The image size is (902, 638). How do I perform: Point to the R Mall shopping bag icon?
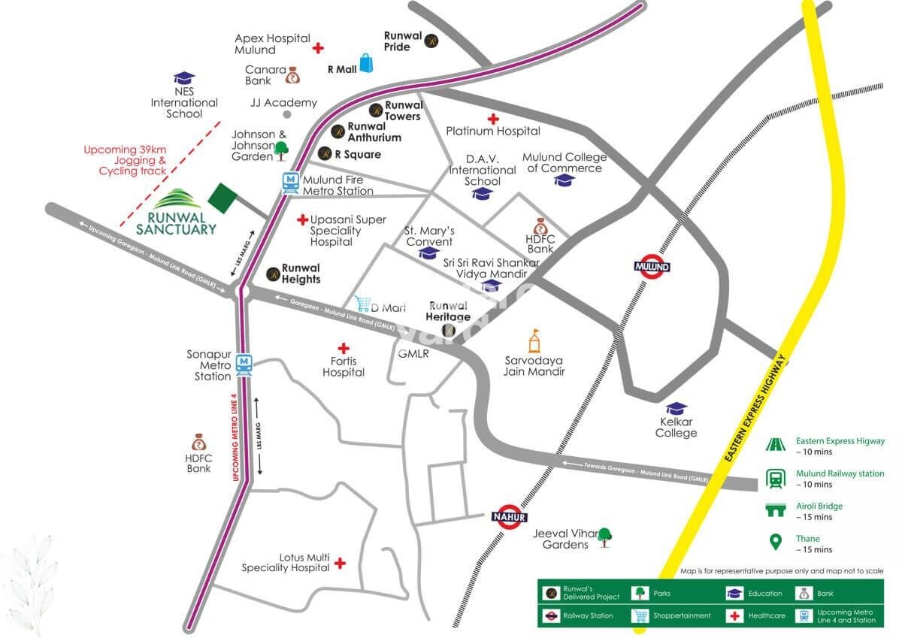click(366, 64)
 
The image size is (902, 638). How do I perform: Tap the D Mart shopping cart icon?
click(364, 304)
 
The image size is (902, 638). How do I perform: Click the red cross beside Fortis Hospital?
click(344, 349)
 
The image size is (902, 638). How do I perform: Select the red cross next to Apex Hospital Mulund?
click(318, 47)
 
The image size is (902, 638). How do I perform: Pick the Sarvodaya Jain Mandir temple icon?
click(534, 341)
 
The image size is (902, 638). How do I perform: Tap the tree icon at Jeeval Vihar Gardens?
click(604, 536)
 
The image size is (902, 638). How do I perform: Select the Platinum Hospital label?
click(493, 131)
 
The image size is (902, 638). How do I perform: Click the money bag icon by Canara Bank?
click(292, 75)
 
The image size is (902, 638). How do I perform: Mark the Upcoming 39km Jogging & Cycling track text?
click(125, 160)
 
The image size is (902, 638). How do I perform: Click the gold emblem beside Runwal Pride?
click(431, 41)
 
